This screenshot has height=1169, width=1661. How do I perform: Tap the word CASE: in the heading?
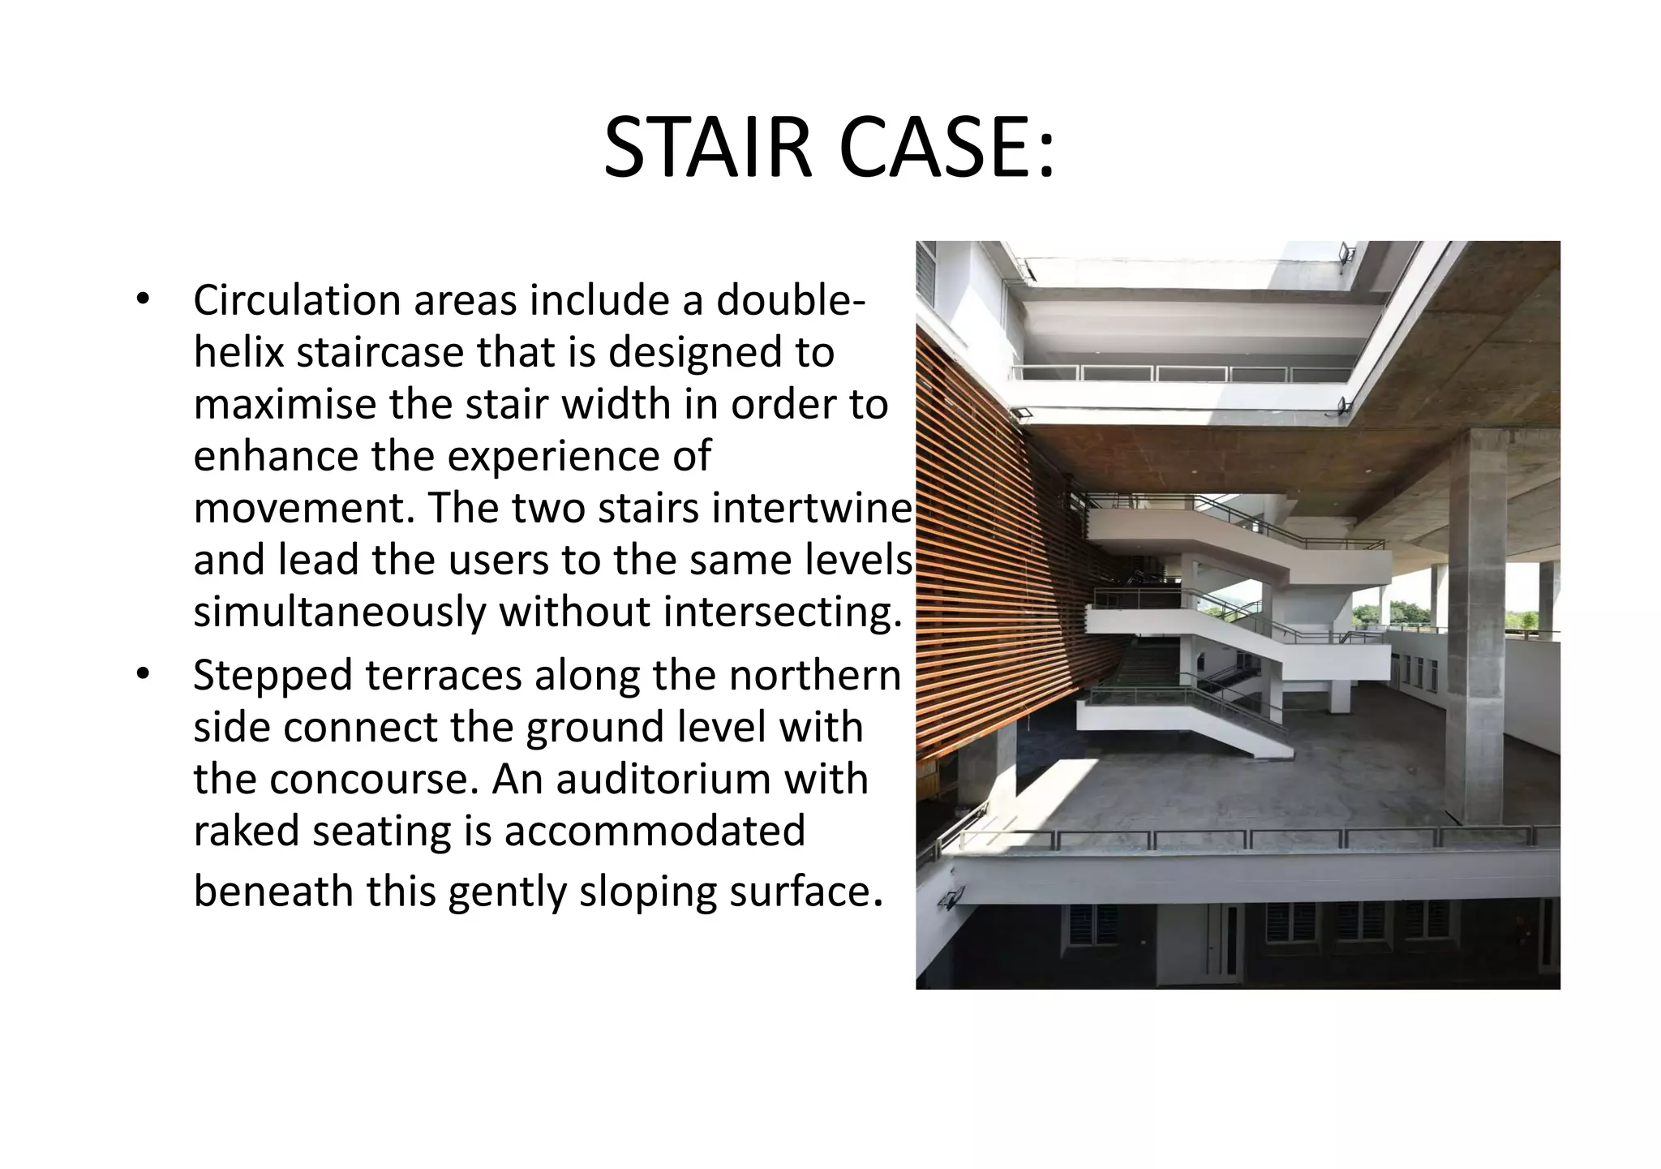(x=946, y=148)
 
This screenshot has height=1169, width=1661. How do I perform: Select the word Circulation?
(x=296, y=301)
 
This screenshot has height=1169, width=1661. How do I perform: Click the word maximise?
(x=284, y=405)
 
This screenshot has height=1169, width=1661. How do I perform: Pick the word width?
(x=616, y=405)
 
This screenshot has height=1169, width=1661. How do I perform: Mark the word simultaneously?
(x=339, y=612)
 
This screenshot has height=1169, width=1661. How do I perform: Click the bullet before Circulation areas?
(x=143, y=299)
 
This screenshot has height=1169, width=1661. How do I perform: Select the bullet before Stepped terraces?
(x=143, y=674)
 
